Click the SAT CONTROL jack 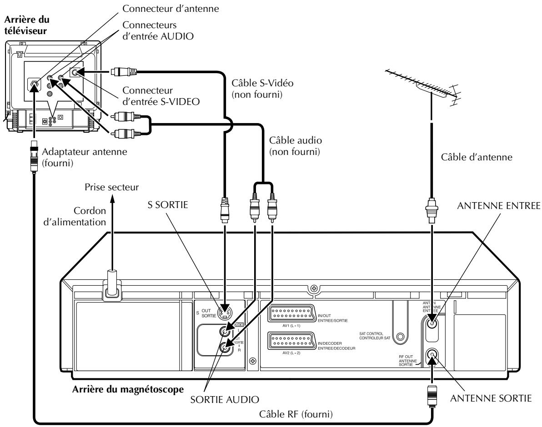click(401, 338)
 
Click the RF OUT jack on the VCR click(432, 357)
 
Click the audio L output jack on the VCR click(223, 331)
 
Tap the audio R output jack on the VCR click(223, 348)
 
